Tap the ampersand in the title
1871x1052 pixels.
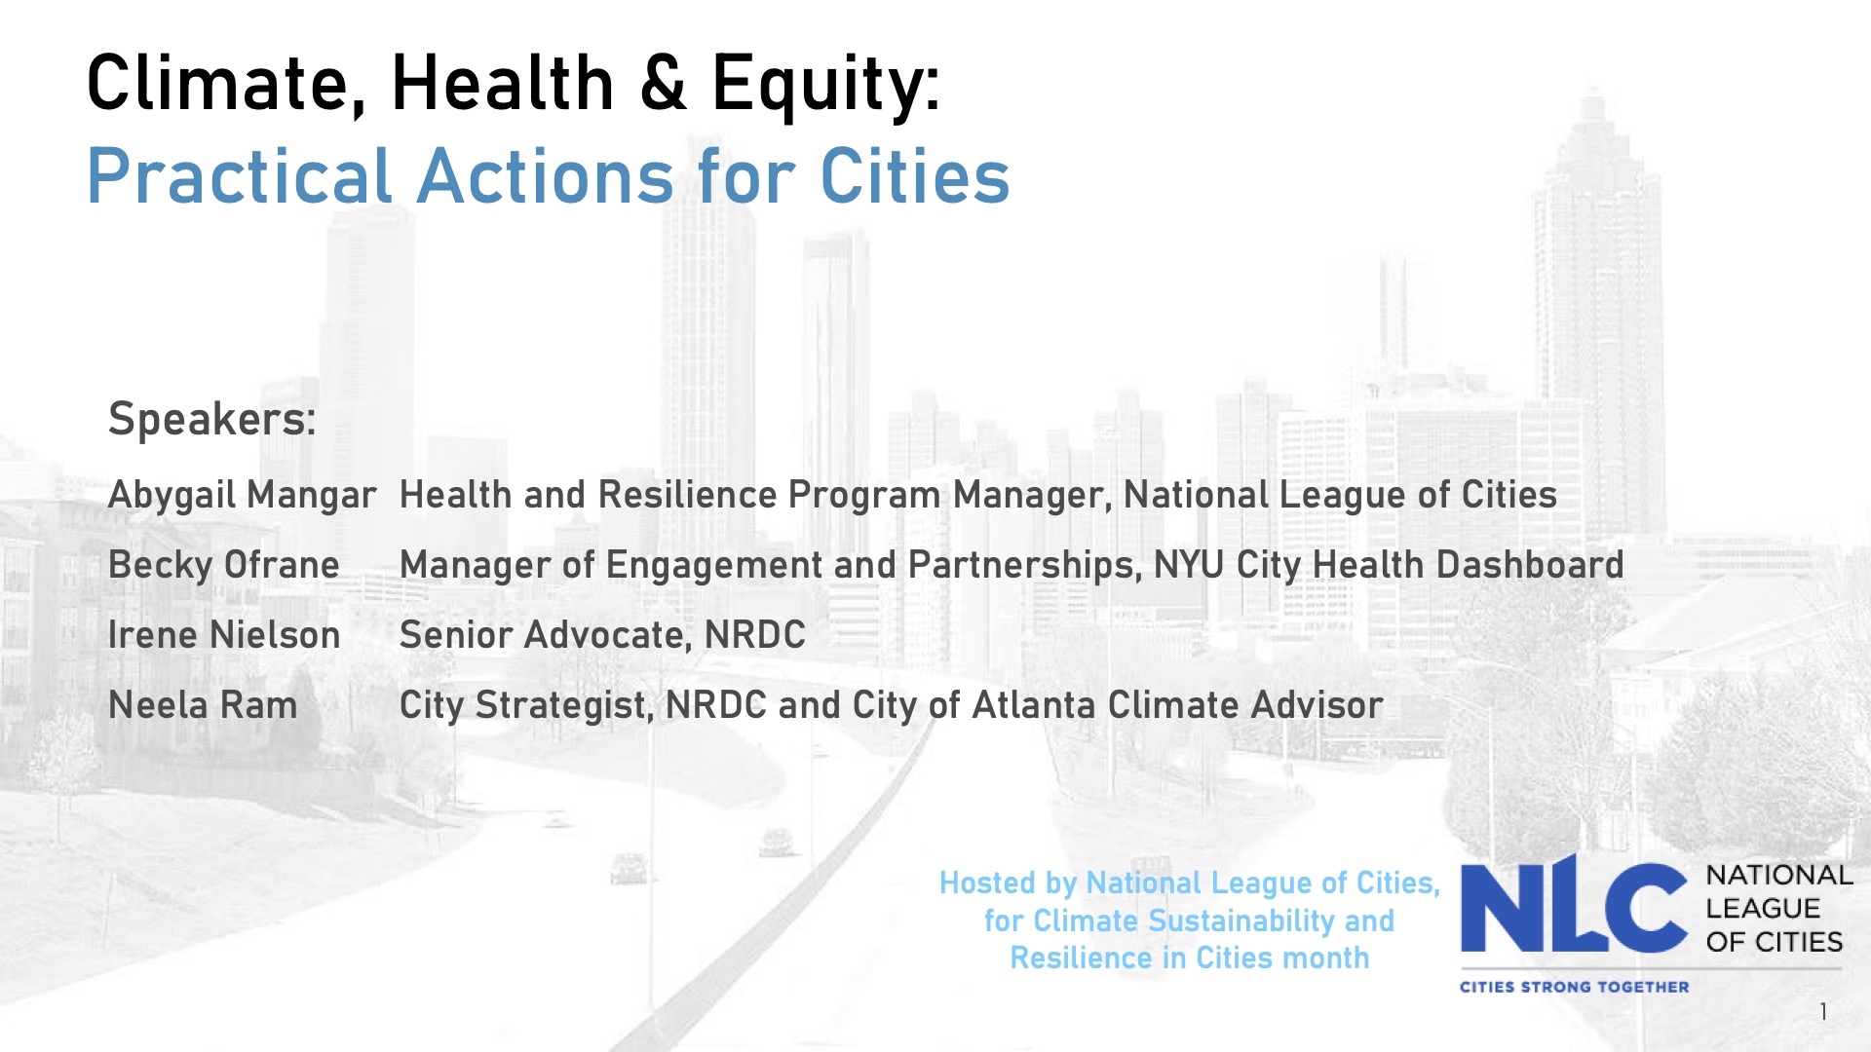click(x=663, y=84)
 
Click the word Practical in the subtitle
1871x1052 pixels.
click(x=239, y=177)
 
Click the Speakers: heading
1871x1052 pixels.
click(x=211, y=420)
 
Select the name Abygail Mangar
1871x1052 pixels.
click(x=242, y=496)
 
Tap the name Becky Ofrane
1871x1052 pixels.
click(x=223, y=565)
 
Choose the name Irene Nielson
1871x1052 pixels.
click(x=223, y=635)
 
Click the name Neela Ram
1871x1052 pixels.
click(x=203, y=705)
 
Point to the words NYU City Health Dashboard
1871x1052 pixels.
click(x=1388, y=565)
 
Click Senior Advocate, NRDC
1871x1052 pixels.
click(x=602, y=635)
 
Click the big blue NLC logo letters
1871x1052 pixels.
click(x=1572, y=906)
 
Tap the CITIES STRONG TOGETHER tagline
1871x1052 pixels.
click(x=1574, y=987)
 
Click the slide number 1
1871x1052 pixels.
click(x=1822, y=1012)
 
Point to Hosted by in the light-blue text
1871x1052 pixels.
click(x=1008, y=883)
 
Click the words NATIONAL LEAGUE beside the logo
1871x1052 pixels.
click(x=1778, y=891)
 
